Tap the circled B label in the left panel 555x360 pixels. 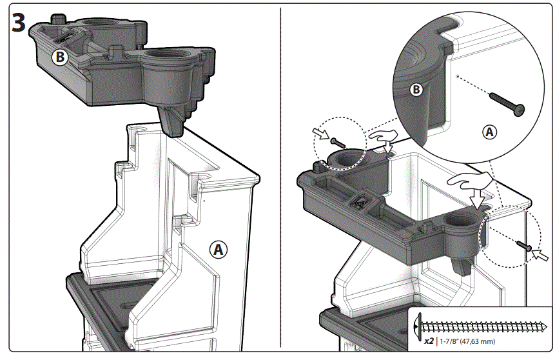point(59,57)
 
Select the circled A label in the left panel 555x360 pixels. point(219,249)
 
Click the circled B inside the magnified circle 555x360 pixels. point(416,90)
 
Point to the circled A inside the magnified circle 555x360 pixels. point(490,132)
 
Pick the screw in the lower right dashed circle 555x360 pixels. point(524,245)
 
